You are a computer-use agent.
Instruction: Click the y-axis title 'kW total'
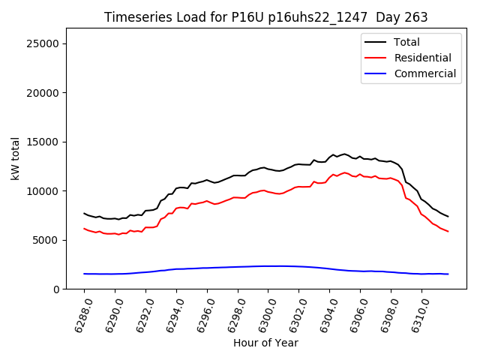tap(16, 158)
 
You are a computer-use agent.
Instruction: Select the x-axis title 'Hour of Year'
tap(265, 343)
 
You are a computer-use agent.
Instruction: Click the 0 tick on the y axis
tap(56, 289)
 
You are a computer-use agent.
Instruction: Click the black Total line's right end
tap(448, 217)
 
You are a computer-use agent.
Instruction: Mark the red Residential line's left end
tap(84, 229)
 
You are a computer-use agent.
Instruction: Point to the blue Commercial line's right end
tap(448, 274)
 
